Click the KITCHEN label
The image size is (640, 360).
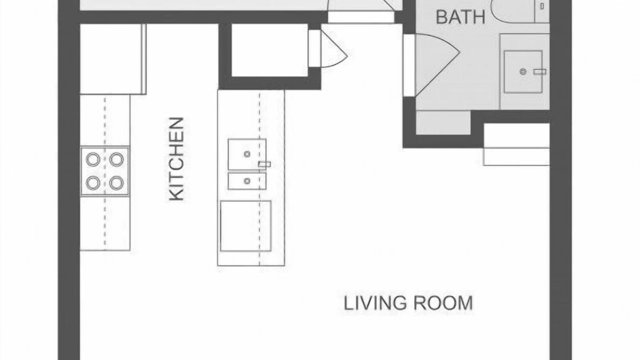click(176, 159)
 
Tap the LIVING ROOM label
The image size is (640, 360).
click(408, 303)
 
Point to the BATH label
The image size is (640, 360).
click(460, 17)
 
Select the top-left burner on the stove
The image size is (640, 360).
click(93, 159)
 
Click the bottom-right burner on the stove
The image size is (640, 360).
click(116, 183)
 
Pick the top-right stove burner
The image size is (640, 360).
click(116, 159)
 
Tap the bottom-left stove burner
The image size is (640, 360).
click(93, 183)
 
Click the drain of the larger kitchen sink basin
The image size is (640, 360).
click(247, 154)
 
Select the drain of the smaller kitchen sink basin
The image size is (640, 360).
click(247, 181)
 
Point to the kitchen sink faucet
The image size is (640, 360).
click(264, 164)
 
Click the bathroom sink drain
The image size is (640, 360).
click(523, 71)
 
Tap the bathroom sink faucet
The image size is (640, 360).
click(539, 71)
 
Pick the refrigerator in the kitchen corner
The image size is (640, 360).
click(113, 59)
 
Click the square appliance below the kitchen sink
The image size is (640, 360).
click(245, 226)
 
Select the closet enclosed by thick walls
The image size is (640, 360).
click(269, 50)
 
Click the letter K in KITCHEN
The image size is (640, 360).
click(176, 195)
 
